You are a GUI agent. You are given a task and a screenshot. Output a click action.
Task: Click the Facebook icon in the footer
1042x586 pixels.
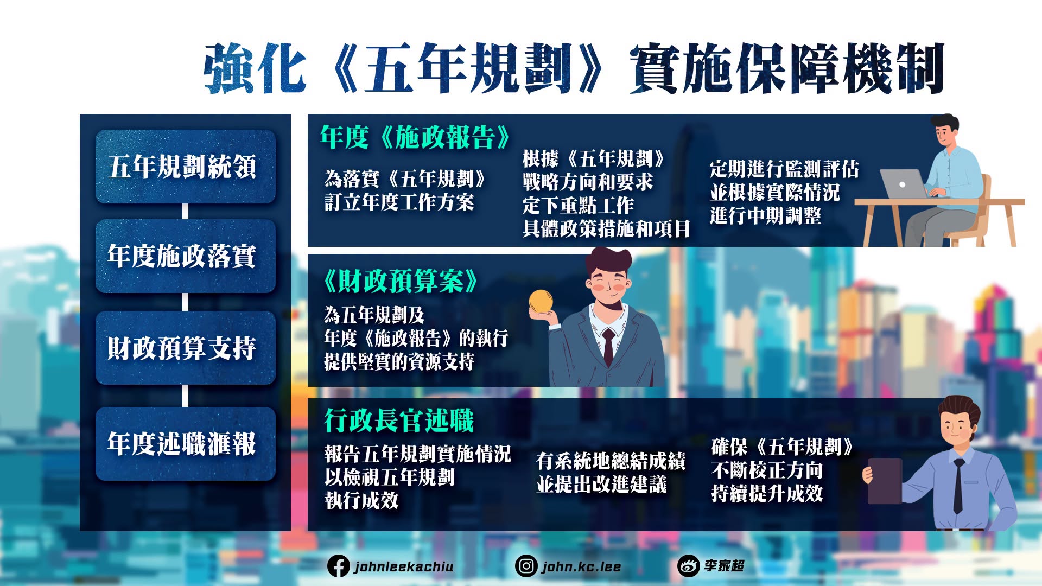pyautogui.click(x=338, y=566)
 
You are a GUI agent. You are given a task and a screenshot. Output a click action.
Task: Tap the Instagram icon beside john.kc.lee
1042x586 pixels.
pyautogui.click(x=526, y=566)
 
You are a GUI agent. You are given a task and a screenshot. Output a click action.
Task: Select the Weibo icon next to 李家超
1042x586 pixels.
pyautogui.click(x=688, y=566)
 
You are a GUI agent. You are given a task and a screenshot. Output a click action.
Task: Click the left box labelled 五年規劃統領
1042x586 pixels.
pyautogui.click(x=186, y=167)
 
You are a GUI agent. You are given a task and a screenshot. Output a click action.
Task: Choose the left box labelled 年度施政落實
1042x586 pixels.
pyautogui.click(x=186, y=256)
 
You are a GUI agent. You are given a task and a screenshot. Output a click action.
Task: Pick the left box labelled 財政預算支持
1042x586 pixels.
pyautogui.click(x=186, y=348)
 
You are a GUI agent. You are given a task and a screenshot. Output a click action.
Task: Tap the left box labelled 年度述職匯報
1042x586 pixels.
pyautogui.click(x=186, y=444)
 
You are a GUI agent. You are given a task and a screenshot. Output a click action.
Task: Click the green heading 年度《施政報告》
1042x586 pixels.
pyautogui.click(x=415, y=137)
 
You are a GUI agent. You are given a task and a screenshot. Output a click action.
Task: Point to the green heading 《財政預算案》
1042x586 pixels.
pyautogui.click(x=401, y=281)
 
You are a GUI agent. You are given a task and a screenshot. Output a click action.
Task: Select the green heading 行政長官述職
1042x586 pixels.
pyautogui.click(x=399, y=421)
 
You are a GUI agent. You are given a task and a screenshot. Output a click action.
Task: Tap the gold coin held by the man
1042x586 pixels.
pyautogui.click(x=541, y=301)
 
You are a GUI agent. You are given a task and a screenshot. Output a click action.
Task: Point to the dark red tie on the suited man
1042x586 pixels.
pyautogui.click(x=608, y=347)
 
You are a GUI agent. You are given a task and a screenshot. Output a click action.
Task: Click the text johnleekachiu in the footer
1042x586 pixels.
pyautogui.click(x=404, y=567)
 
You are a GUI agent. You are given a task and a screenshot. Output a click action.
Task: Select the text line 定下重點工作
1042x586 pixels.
pyautogui.click(x=578, y=206)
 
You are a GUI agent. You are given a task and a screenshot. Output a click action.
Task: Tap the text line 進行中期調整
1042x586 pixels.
pyautogui.click(x=765, y=216)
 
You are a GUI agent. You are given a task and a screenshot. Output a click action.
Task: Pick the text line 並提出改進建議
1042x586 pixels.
pyautogui.click(x=601, y=485)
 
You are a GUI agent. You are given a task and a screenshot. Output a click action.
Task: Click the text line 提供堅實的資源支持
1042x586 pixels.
pyautogui.click(x=399, y=361)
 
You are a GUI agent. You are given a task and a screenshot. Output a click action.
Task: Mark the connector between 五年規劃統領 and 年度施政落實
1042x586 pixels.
pyautogui.click(x=186, y=212)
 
